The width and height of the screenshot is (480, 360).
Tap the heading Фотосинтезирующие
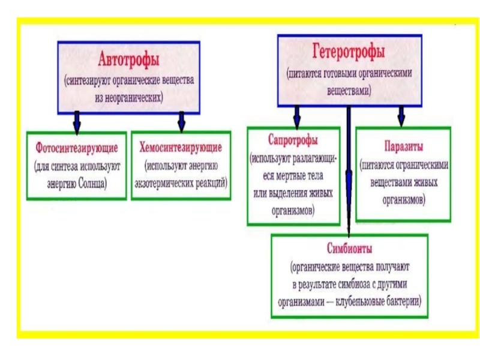(x=76, y=147)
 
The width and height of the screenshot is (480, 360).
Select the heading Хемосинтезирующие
(x=181, y=147)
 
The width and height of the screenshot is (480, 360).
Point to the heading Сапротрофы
(x=293, y=140)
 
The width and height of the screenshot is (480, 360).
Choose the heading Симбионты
(x=350, y=248)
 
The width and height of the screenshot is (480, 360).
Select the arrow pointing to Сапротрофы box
(x=296, y=116)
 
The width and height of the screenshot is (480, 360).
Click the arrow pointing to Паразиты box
(x=401, y=115)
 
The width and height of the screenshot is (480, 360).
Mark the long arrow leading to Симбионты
(x=349, y=174)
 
